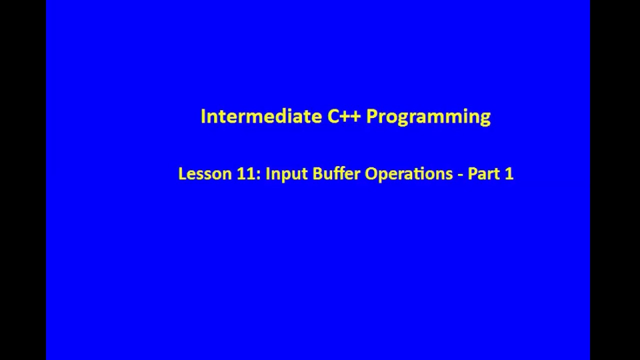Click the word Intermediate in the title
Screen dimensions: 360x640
click(x=261, y=116)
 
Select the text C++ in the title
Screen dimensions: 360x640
click(x=344, y=116)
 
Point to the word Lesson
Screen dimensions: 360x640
click(x=197, y=174)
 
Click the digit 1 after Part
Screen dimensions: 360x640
click(x=509, y=174)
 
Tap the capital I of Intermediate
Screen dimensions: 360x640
click(x=203, y=116)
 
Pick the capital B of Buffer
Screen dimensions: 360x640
click(x=317, y=174)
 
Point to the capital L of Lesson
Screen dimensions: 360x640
click(x=181, y=174)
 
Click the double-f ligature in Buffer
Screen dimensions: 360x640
click(x=338, y=173)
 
